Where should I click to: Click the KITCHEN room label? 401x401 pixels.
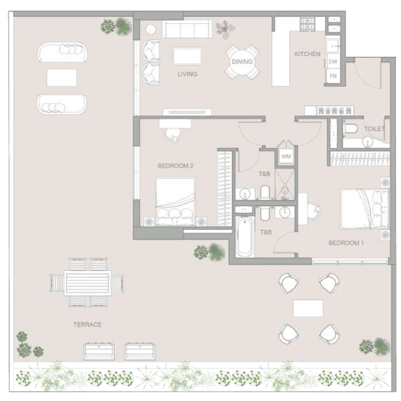pos(307,54)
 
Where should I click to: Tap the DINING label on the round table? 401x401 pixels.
pos(242,61)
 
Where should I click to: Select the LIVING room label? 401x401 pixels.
pos(188,74)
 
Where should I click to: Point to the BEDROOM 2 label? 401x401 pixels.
pos(175,166)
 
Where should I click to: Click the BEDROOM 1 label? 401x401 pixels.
pos(346,243)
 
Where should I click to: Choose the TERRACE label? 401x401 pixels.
pos(87,325)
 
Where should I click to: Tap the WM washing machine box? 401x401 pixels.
pos(286,157)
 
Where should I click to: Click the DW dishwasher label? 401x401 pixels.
pos(333,61)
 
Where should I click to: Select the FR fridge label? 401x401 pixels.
pos(333,76)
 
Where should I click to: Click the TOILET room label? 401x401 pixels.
pos(374,129)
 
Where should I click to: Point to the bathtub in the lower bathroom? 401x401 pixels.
pos(244,236)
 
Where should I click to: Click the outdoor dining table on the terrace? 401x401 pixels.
pos(87,283)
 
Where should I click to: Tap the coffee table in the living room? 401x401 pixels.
pos(187,56)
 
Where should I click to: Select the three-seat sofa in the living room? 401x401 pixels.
pos(187,29)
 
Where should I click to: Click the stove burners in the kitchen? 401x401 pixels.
pos(308,25)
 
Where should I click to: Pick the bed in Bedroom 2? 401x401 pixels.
pos(175,202)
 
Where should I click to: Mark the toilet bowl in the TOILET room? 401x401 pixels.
pos(351,129)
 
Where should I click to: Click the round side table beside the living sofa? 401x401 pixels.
pos(150,29)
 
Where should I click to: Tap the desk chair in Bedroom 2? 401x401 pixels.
pos(173,135)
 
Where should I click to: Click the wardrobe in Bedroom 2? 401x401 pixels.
pos(224,188)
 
